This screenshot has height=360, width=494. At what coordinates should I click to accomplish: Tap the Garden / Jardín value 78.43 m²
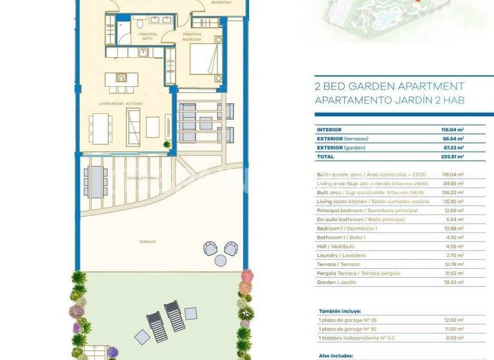(x=453, y=282)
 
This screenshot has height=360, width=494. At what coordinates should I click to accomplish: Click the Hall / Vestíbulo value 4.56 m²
(x=455, y=246)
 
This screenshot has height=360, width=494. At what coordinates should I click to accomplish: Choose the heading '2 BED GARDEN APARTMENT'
(x=389, y=86)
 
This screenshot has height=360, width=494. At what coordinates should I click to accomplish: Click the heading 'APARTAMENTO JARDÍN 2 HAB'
(x=389, y=100)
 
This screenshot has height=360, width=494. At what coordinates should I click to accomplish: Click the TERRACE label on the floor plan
(x=147, y=242)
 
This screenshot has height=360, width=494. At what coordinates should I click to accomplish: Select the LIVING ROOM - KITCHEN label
(x=120, y=104)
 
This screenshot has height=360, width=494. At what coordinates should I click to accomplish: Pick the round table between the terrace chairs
(x=221, y=260)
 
